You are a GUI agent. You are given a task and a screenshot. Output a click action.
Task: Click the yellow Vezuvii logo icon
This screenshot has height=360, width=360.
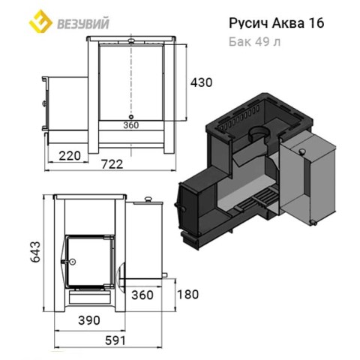click(x=40, y=21)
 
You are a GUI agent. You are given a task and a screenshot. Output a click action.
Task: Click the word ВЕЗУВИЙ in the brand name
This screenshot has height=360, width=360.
click(x=83, y=24)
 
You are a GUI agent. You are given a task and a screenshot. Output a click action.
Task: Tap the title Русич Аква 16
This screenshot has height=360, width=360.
click(x=277, y=23)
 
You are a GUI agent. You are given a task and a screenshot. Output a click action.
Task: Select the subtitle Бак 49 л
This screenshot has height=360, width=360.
click(x=254, y=42)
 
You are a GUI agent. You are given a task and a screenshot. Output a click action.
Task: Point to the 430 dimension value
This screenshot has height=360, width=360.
click(x=202, y=82)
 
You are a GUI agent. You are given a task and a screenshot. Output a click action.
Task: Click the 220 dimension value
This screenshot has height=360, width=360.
click(x=70, y=156)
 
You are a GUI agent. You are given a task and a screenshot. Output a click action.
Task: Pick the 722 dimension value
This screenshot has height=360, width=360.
click(x=112, y=164)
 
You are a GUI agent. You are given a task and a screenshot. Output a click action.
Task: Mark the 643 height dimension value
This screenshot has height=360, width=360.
click(x=35, y=252)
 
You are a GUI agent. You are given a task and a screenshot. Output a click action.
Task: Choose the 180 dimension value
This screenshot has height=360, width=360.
click(x=187, y=294)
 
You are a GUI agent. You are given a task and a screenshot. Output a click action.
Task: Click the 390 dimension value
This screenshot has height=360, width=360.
click(x=89, y=320)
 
